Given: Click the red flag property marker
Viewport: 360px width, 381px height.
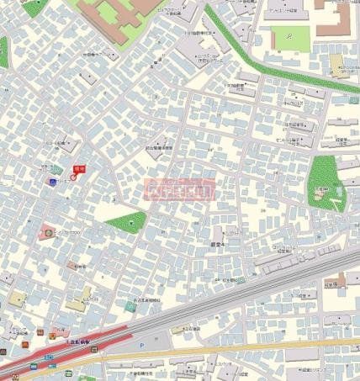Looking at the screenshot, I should point(79,169).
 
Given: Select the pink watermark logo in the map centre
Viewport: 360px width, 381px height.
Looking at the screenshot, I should point(180,189).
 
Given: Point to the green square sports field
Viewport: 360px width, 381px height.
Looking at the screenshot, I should point(290,37).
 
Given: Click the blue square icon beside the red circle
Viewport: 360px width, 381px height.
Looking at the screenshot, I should point(53,182).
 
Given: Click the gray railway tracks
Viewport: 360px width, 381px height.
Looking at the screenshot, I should point(252,294).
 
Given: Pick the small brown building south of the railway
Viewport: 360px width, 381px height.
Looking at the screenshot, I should point(336,282).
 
